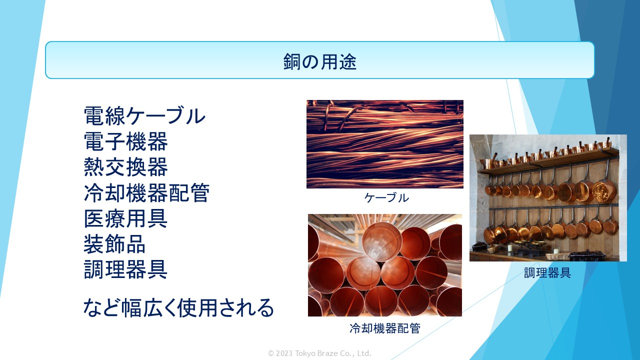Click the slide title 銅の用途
coord(319,61)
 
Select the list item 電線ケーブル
coord(144,115)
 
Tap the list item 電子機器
coord(125,141)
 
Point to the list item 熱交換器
coord(125,167)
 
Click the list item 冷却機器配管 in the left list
coord(146,193)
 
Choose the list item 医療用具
coord(125,218)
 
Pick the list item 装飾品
coord(114,244)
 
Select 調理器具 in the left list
coord(125,269)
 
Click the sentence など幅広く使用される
coord(178,307)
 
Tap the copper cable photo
coord(385,144)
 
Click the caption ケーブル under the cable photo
coord(386,197)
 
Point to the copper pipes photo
coord(385,265)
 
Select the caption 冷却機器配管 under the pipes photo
coord(385,328)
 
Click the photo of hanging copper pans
coord(548,197)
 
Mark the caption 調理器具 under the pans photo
coord(547,273)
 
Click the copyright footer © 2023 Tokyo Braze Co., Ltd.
coord(319,353)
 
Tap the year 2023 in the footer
coord(284,353)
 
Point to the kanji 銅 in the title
coord(291,61)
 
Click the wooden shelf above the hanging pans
coord(548,161)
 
